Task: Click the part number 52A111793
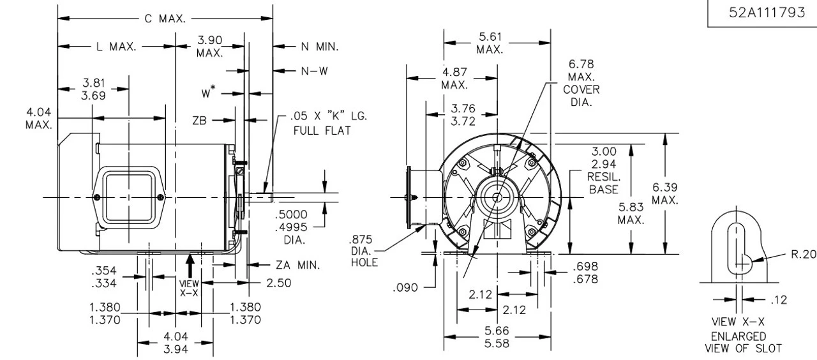point(761,14)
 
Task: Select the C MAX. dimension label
point(165,19)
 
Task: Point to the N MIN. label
point(319,47)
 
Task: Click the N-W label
point(315,71)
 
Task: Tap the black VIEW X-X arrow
point(190,262)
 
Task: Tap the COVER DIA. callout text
point(581,96)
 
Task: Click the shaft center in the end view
point(497,197)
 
